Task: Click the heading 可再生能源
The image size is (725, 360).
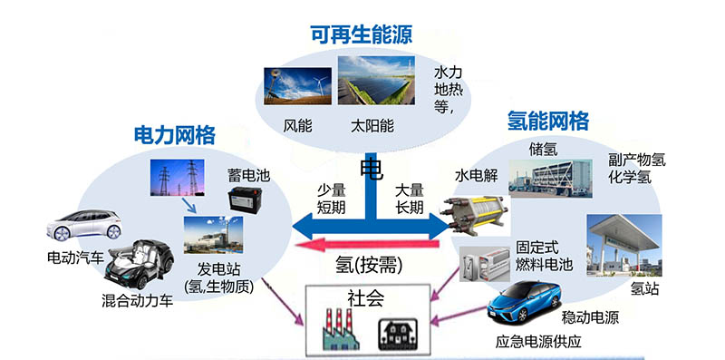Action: point(361,35)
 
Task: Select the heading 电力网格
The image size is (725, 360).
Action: point(175,135)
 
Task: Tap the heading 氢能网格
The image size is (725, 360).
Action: point(548,121)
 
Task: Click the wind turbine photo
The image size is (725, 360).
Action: point(297,85)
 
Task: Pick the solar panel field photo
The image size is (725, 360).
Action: point(376,80)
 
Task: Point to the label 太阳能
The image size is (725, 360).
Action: point(372,126)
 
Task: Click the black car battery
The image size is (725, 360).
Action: point(245,199)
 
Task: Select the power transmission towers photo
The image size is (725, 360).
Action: point(177,177)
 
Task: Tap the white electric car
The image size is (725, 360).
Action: point(84,225)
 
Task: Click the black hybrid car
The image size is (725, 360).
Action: point(139,264)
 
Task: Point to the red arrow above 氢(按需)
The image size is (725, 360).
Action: point(368,244)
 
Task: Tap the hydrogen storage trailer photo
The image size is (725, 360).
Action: point(550,178)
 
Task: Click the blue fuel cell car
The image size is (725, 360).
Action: point(524,300)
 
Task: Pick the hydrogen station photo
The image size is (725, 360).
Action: point(623,245)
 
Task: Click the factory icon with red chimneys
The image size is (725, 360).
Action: point(341,329)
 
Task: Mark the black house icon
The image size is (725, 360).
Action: point(398,334)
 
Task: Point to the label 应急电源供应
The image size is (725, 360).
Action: point(538,342)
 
